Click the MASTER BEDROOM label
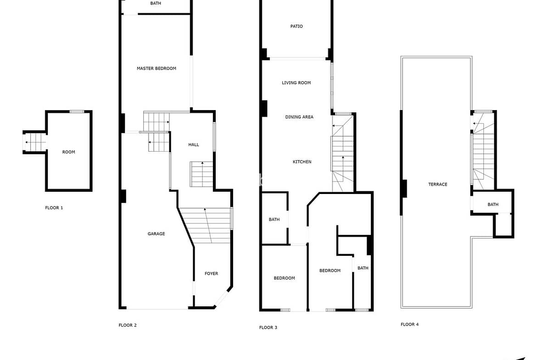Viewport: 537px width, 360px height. point(157,68)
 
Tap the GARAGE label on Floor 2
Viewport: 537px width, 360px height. point(156,234)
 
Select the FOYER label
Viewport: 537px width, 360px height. point(211,273)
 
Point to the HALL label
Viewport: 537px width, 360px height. point(194,145)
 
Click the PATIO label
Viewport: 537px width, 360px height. point(296,26)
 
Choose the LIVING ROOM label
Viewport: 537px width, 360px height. point(296,83)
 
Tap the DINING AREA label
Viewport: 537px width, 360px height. point(299,117)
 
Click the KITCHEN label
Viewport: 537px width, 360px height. point(302,162)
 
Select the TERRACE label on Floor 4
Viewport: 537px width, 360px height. point(438,184)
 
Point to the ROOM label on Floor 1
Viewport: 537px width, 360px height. point(68,152)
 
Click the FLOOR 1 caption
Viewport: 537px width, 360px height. point(54,208)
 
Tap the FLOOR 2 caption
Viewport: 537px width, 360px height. point(128,325)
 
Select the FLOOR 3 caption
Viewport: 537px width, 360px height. point(268,327)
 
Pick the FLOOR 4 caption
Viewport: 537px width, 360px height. point(409,324)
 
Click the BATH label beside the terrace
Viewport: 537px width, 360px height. point(493,205)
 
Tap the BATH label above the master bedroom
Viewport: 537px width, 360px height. point(156,3)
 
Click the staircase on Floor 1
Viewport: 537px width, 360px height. point(36,142)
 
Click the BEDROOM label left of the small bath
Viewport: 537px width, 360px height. point(330,271)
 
